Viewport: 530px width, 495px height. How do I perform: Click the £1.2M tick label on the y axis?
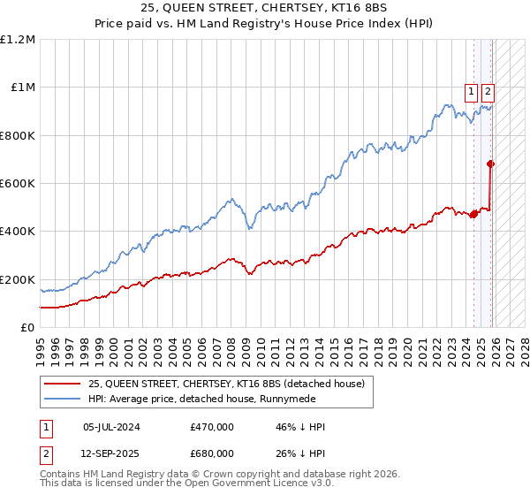(x=18, y=39)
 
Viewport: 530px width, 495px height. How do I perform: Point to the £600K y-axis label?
(x=18, y=183)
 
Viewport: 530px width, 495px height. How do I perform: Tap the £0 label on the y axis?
(x=26, y=327)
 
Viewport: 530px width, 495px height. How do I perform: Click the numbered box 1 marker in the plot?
(x=472, y=89)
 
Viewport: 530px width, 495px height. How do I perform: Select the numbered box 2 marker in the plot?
(x=488, y=89)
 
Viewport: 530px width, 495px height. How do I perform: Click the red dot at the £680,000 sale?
(x=491, y=164)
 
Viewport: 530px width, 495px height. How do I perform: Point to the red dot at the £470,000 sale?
(x=473, y=214)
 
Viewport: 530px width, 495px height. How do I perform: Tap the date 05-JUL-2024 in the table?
(x=111, y=427)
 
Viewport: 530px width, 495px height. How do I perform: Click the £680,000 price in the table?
(x=212, y=453)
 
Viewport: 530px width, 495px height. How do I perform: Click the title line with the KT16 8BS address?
(x=265, y=9)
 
